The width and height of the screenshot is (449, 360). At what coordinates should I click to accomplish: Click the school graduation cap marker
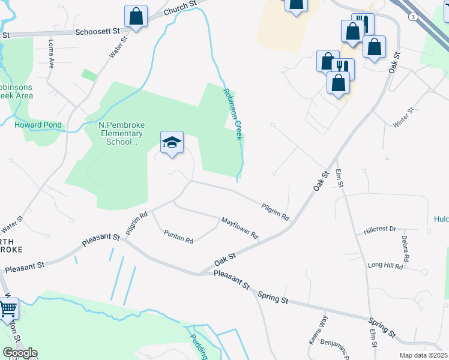tap(172, 143)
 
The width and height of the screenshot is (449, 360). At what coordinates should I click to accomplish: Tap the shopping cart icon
tap(8, 309)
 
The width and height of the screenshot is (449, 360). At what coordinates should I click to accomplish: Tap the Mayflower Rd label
tap(239, 227)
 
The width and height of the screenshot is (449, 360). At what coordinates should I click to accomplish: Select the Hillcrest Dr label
tap(380, 229)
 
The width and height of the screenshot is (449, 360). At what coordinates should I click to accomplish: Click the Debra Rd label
tap(406, 248)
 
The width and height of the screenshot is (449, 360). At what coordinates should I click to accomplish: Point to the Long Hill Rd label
tap(384, 265)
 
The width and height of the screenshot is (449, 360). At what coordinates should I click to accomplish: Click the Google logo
tap(20, 353)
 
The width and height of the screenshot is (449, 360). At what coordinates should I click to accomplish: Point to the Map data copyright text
tap(423, 355)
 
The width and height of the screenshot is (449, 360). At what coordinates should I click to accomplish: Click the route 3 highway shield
tap(413, 17)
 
